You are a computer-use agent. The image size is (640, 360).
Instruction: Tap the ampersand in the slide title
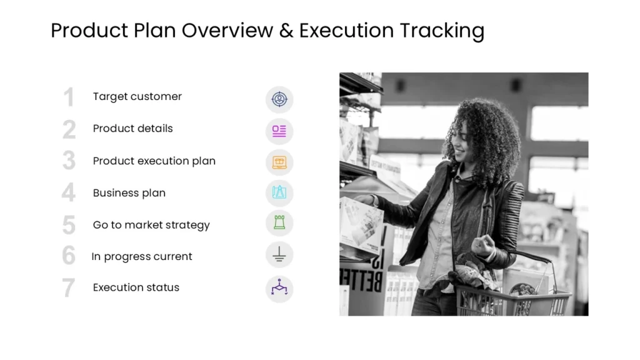pos(286,31)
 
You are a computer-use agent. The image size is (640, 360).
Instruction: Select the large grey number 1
pos(69,97)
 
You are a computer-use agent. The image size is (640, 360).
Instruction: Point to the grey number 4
pos(69,193)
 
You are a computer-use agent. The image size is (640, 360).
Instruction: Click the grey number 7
pos(69,288)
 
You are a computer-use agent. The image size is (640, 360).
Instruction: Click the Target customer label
pos(137,96)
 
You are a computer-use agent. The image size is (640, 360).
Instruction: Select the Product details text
pos(132,128)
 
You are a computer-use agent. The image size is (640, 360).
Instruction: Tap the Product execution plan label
pos(154,161)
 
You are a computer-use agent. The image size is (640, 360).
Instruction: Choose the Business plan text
pos(129,192)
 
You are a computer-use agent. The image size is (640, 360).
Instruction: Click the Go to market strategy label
pos(151,225)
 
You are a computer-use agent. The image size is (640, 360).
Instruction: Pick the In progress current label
pos(142,256)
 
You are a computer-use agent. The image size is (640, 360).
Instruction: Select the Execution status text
pos(136,287)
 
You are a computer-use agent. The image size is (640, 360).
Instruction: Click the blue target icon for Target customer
pos(279,99)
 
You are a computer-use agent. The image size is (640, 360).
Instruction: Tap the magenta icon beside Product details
pos(279,131)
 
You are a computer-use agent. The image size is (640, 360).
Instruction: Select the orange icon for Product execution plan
pos(279,162)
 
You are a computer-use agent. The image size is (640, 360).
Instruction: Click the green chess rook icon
pos(279,223)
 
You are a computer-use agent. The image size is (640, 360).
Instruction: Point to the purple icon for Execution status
pos(279,288)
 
